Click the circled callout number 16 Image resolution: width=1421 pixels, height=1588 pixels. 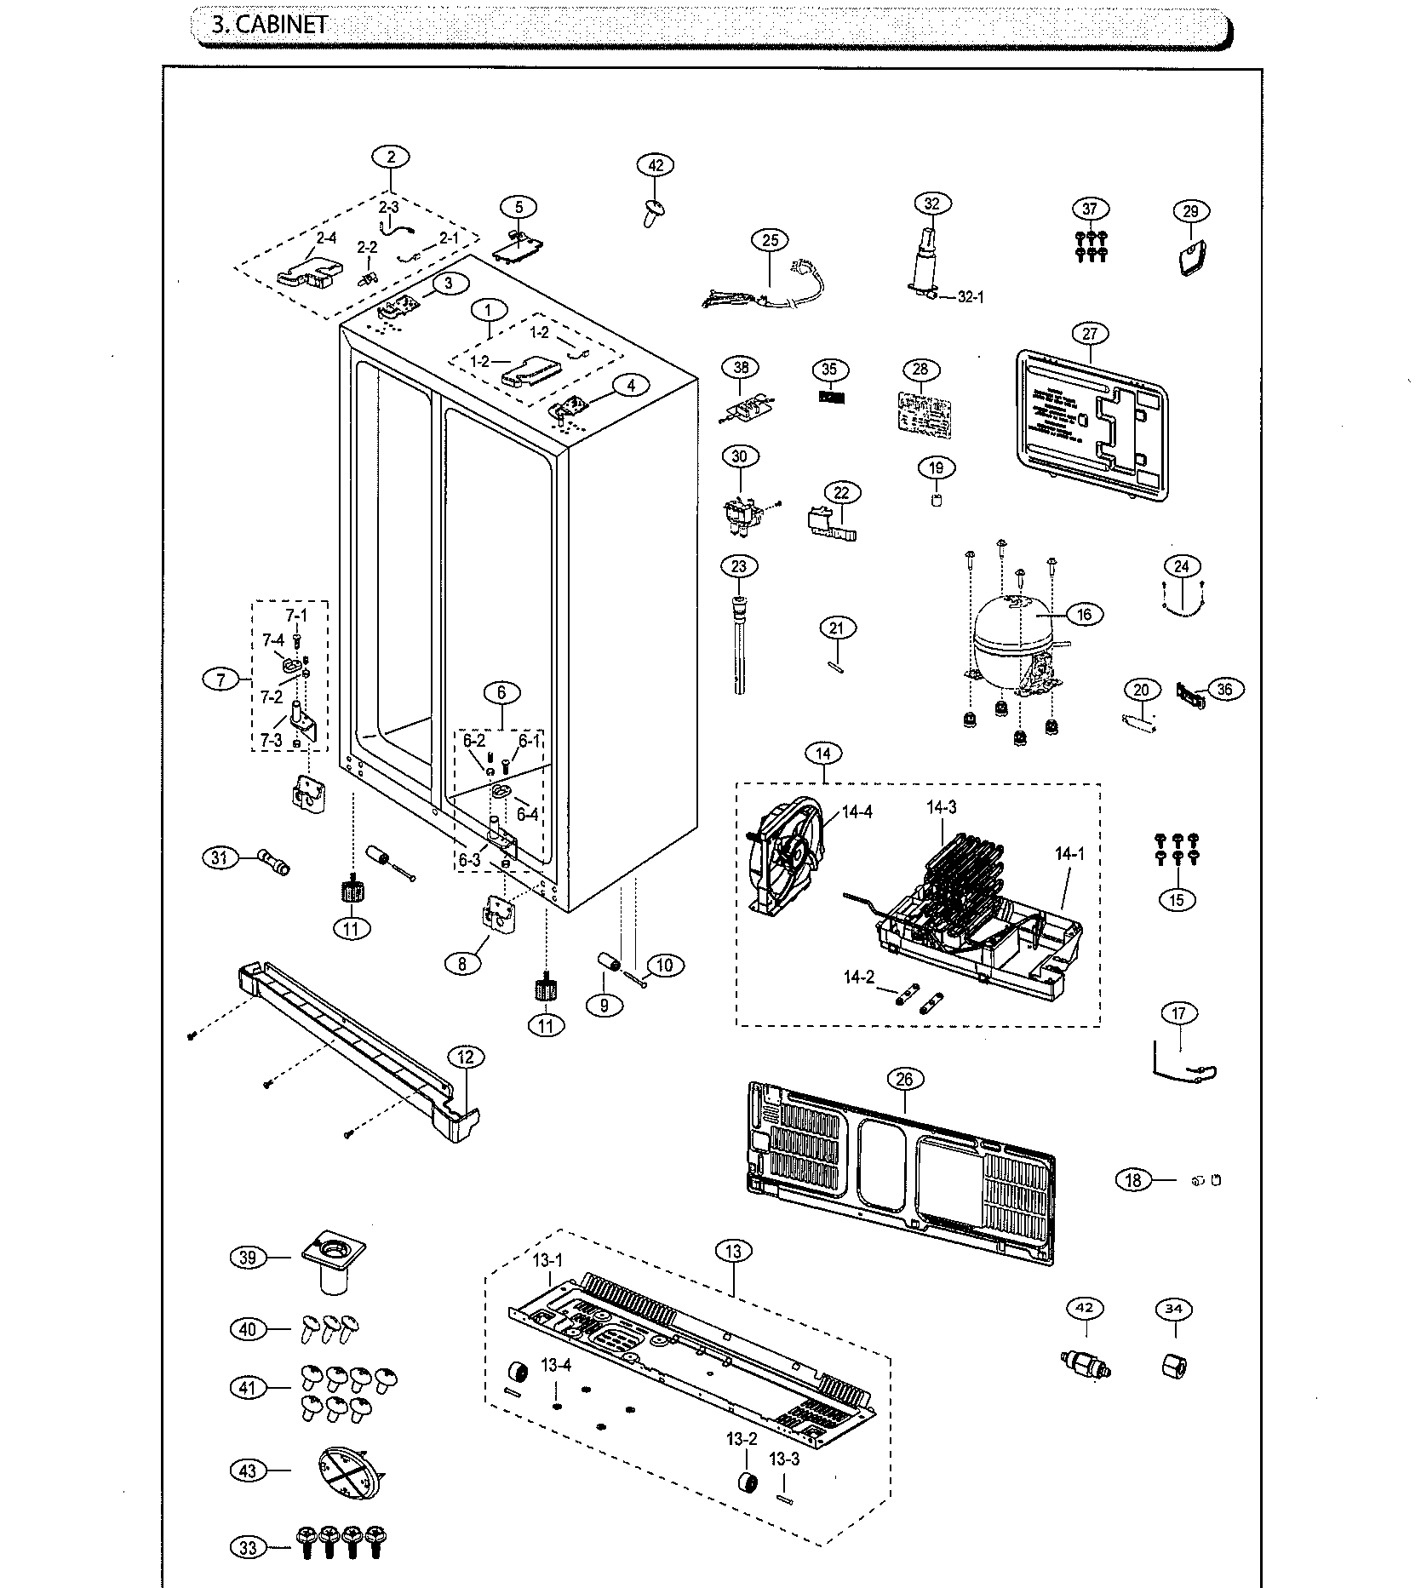[1084, 614]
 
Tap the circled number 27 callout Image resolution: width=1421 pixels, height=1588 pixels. [1091, 334]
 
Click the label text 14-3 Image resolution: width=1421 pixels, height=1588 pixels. [941, 807]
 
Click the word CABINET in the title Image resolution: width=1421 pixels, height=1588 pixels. [281, 25]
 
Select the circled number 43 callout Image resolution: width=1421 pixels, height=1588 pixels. [248, 1470]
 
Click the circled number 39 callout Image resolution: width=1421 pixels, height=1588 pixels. [248, 1257]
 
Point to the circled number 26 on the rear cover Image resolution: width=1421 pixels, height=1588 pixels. [904, 1079]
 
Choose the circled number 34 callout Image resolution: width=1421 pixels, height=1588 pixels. [1174, 1308]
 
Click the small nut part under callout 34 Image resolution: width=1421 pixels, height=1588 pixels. [1174, 1367]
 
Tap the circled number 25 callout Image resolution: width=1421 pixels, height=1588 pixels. [770, 241]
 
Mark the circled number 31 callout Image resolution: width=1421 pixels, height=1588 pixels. [220, 857]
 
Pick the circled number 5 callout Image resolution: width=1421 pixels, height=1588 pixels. [519, 206]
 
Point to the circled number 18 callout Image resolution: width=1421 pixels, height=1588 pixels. [1133, 1179]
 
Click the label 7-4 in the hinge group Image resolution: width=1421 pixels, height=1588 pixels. [272, 640]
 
